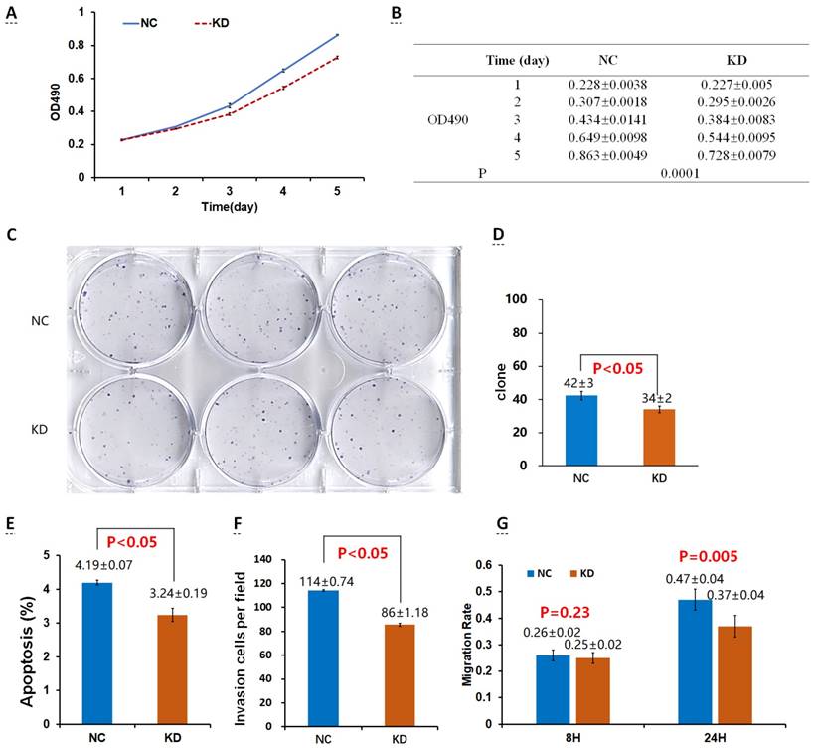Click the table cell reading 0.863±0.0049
pos(608,155)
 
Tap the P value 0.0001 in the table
pos(678,173)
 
